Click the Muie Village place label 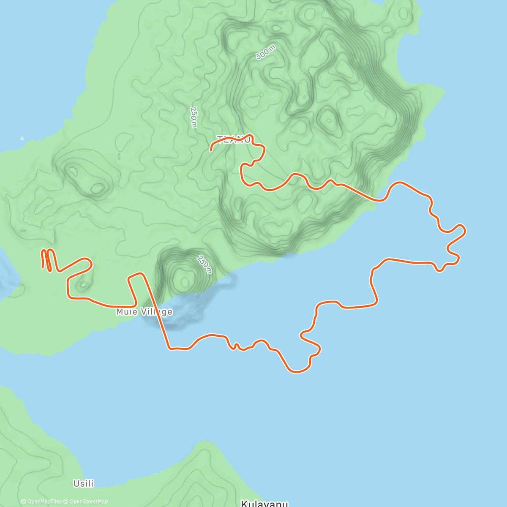[144, 312]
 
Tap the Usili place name [83, 483]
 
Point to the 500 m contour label [266, 52]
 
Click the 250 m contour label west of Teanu [194, 117]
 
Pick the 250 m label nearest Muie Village [204, 264]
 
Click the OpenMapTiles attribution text [41, 502]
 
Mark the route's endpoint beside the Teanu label [211, 150]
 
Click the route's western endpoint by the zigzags [43, 267]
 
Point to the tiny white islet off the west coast [22, 138]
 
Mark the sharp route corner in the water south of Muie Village [170, 349]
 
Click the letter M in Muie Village [120, 312]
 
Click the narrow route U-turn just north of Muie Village [137, 275]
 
